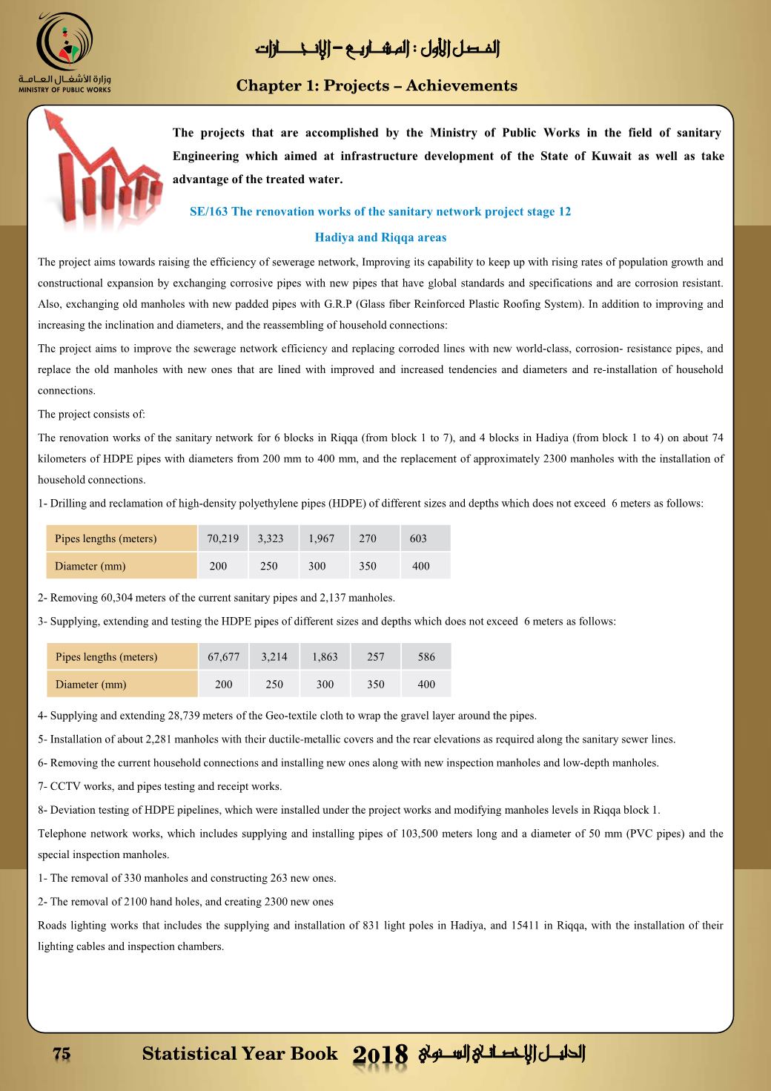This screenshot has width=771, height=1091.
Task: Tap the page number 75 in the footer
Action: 62,1054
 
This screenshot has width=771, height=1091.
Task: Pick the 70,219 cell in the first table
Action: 223,538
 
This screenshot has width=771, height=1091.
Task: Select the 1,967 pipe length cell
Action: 322,538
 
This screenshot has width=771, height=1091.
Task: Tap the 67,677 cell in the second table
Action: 223,656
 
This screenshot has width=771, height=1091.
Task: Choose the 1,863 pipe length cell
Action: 325,656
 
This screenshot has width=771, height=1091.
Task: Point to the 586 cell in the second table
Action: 426,656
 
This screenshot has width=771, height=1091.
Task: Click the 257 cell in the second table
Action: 376,656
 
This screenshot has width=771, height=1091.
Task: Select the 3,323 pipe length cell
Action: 271,538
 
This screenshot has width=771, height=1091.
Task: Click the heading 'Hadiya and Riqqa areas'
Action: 380,237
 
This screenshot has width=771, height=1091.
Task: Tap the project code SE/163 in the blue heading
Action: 209,211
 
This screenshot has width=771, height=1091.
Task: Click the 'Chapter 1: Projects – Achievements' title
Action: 377,85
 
